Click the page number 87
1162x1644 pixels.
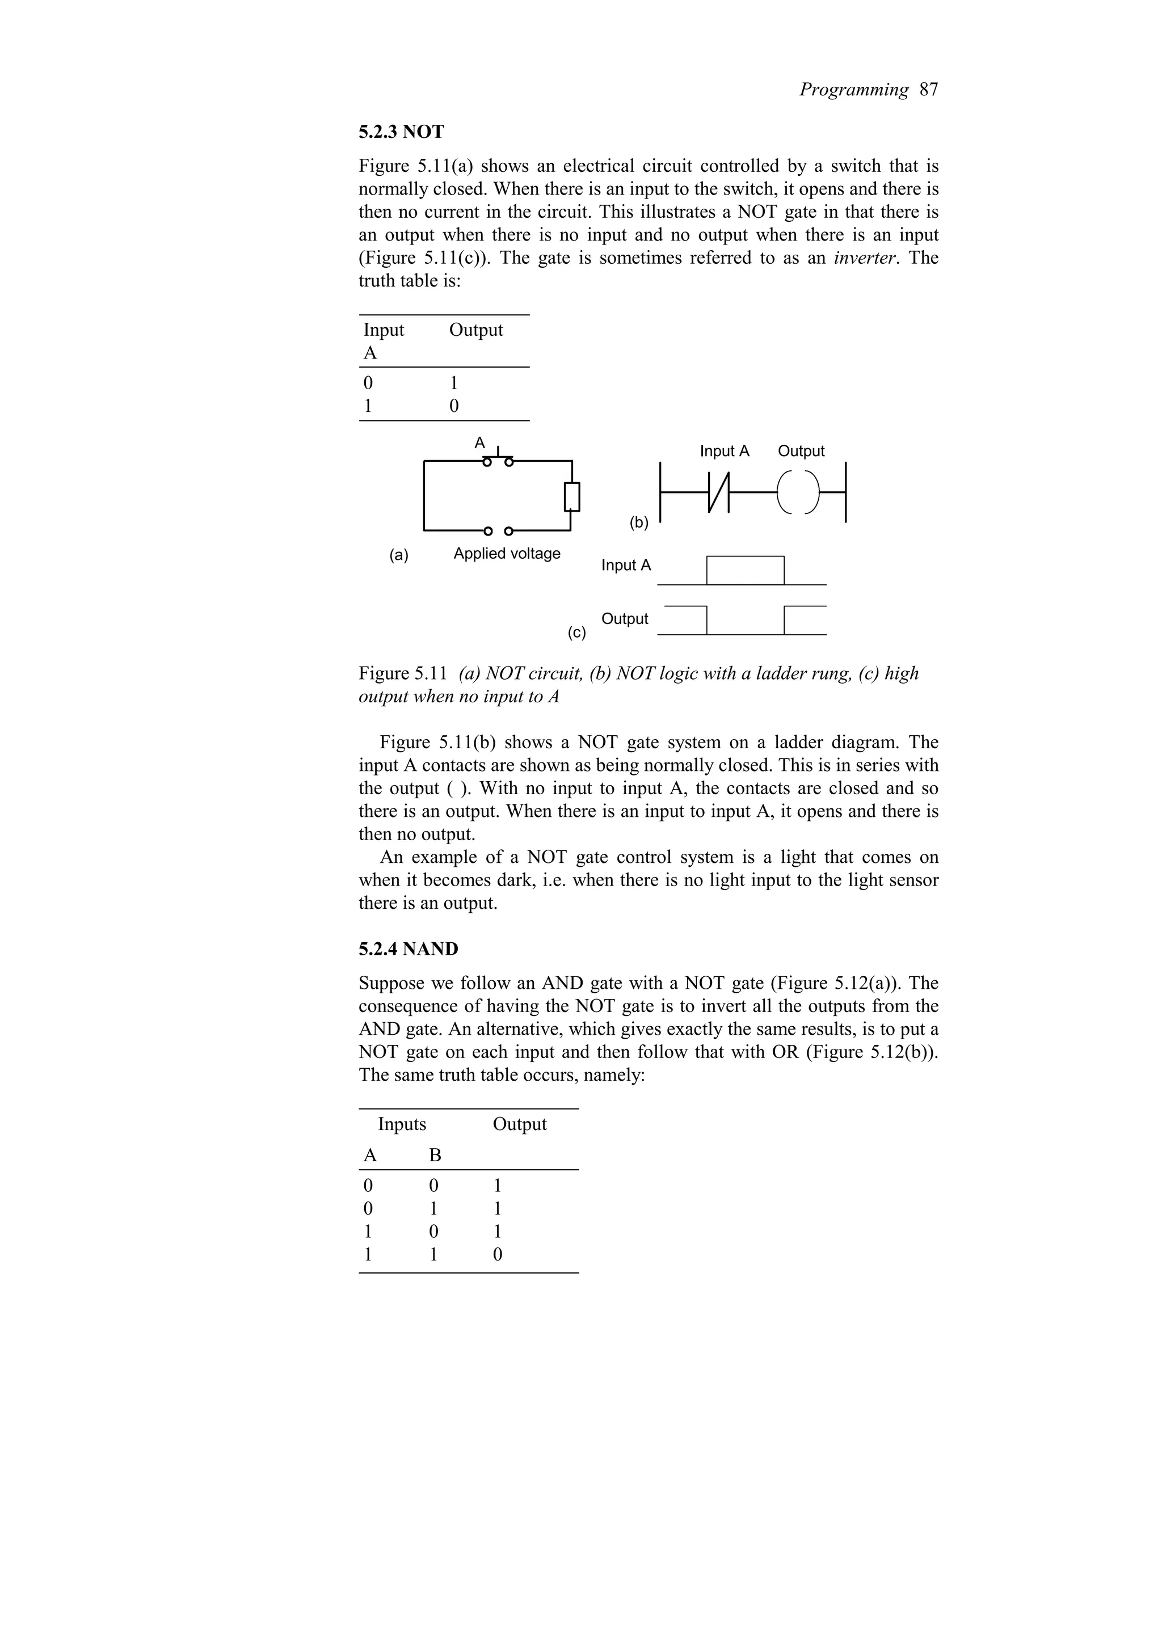pyautogui.click(x=929, y=90)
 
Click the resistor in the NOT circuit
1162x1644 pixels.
pyautogui.click(x=571, y=497)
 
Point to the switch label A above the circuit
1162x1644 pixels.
pyautogui.click(x=479, y=443)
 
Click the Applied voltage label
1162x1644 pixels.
pyautogui.click(x=506, y=554)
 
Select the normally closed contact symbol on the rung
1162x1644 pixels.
pyautogui.click(x=717, y=492)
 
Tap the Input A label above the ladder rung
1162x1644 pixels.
pyautogui.click(x=724, y=451)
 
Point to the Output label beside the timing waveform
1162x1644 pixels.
pyautogui.click(x=624, y=619)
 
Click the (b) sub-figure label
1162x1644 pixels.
pyautogui.click(x=639, y=522)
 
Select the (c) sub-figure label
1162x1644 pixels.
pyautogui.click(x=576, y=633)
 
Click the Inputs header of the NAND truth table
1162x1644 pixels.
pyautogui.click(x=402, y=1124)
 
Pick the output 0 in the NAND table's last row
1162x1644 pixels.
pyautogui.click(x=498, y=1254)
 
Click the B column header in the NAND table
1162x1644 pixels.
pyautogui.click(x=435, y=1156)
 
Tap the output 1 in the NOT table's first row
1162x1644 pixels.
pyautogui.click(x=453, y=383)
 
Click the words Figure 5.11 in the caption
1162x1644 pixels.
pyautogui.click(x=403, y=674)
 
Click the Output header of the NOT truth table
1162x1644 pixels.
pyautogui.click(x=475, y=330)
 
